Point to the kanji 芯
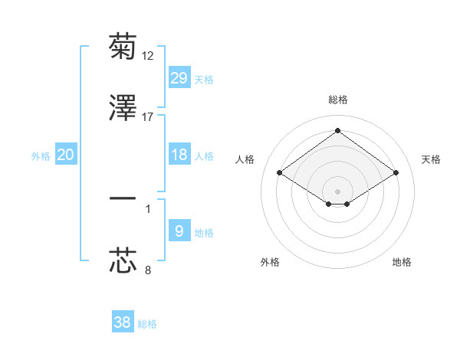point(123,260)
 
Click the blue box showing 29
point(179,77)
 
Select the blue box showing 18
point(179,155)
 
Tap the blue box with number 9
point(179,231)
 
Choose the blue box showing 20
point(66,155)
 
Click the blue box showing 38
point(123,322)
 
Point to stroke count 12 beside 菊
point(149,55)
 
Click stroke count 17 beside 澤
point(148,117)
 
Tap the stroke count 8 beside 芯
point(148,270)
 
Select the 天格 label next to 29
point(204,79)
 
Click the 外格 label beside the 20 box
point(41,156)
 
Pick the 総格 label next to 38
point(147,324)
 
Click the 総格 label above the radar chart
point(337,100)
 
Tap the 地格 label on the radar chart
point(402,263)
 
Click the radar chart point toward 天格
point(396,173)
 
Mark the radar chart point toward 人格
point(280,173)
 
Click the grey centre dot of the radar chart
point(337,191)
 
